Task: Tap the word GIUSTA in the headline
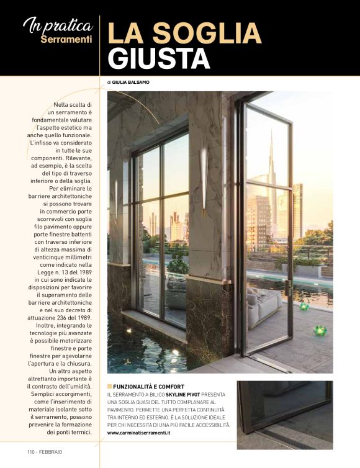point(158,58)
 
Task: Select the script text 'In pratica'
point(58,25)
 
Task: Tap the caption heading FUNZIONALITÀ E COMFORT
point(148,387)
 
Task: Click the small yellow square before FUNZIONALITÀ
point(109,387)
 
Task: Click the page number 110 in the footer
point(32,451)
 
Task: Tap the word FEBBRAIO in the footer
point(51,451)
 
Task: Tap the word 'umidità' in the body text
point(79,387)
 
